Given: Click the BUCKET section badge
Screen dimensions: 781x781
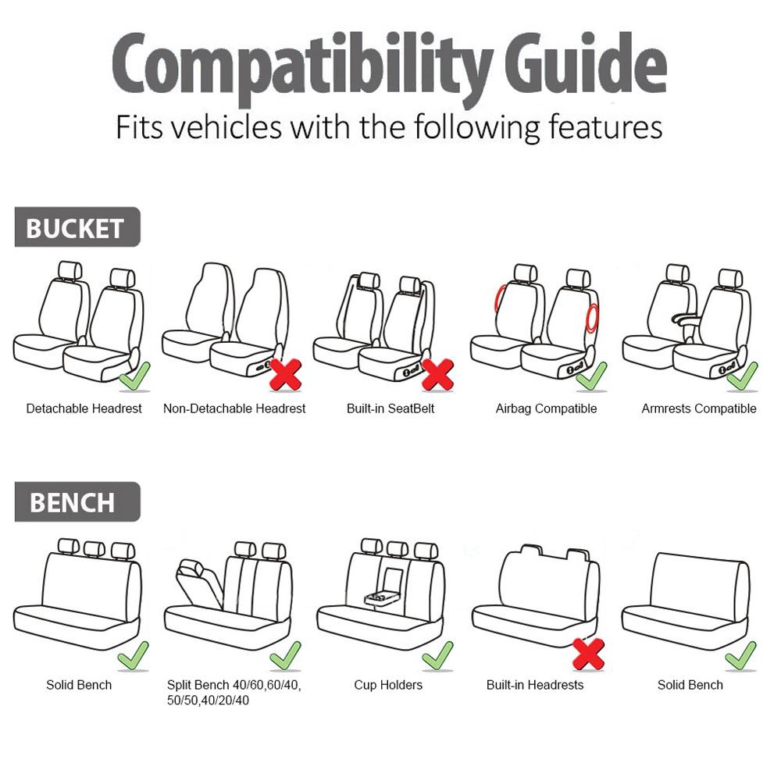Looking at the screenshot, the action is [77, 227].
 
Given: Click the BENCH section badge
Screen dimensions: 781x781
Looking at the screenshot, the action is [77, 501].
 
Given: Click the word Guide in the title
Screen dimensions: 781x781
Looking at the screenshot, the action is [586, 64].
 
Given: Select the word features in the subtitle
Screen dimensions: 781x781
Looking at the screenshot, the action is [605, 127].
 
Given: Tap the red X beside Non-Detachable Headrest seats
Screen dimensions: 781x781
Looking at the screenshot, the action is [285, 375].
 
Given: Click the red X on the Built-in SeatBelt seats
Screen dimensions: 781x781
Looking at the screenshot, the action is [437, 375].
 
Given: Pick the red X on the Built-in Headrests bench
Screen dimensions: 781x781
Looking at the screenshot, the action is [588, 654].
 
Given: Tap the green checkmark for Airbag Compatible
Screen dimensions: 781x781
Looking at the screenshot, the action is [591, 376].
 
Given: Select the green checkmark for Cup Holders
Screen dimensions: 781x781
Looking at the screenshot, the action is [437, 655].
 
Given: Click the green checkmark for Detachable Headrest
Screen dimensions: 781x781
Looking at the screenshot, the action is [134, 376].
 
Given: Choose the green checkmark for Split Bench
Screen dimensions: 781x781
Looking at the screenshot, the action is [285, 655].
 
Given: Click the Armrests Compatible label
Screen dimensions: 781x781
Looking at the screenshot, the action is [699, 408].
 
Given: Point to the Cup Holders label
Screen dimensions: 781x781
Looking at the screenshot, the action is [388, 685].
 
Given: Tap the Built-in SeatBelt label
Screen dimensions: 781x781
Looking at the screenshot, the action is [390, 408].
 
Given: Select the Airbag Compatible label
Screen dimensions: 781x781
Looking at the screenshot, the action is [546, 408].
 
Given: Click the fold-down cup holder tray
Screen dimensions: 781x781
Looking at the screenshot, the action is [382, 597].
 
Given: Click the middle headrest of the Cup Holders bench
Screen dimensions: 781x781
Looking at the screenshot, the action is [397, 549].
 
